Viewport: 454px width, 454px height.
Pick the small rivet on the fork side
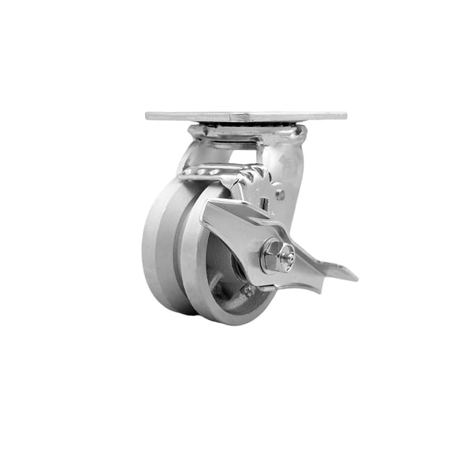[x=280, y=193]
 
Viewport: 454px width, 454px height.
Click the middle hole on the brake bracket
[x=212, y=171]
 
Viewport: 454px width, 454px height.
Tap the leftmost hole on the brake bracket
[x=198, y=171]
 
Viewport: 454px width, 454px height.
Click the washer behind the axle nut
[x=266, y=260]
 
